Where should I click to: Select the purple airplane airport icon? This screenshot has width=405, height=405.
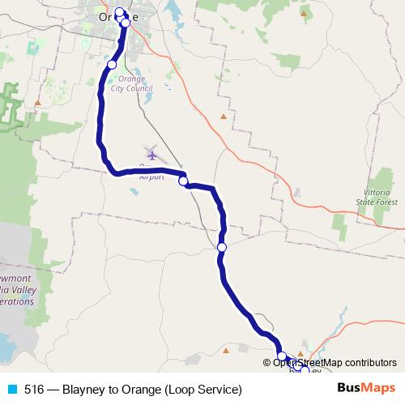[152, 153]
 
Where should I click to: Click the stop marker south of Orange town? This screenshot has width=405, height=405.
[112, 64]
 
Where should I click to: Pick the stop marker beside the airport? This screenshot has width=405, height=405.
[183, 181]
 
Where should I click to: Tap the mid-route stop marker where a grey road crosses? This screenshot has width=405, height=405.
[221, 247]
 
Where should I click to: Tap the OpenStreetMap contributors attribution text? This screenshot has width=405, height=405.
[334, 363]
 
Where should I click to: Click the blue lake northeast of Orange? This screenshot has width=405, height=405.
[174, 11]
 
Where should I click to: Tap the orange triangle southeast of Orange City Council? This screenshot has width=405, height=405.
[224, 116]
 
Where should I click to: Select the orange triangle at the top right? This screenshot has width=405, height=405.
[304, 13]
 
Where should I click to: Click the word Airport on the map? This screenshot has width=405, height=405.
[151, 176]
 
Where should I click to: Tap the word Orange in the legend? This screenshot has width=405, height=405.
[141, 389]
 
